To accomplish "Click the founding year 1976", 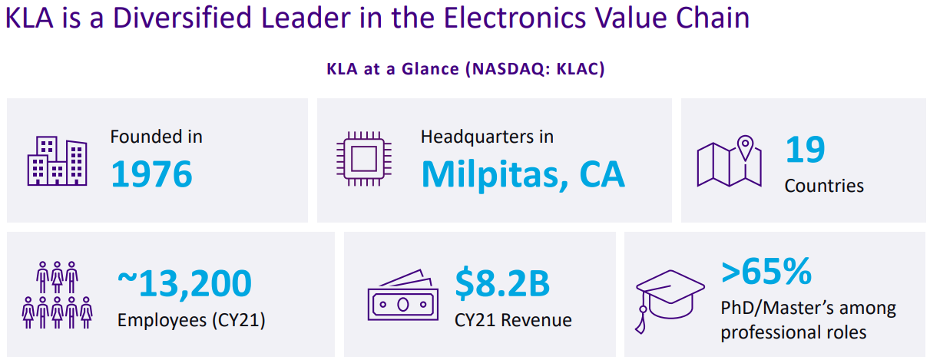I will click(x=151, y=174).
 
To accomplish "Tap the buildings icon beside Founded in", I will click(x=57, y=161).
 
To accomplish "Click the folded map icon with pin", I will click(x=729, y=161).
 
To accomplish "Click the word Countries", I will click(x=823, y=186).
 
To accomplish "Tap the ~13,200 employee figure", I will click(x=184, y=284).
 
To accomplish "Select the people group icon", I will click(x=57, y=295).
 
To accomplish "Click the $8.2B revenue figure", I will click(x=502, y=284).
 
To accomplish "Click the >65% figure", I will click(x=766, y=271).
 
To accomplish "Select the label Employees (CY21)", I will click(x=190, y=319).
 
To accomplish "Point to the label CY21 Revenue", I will click(x=513, y=319).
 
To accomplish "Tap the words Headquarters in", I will click(x=487, y=137).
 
